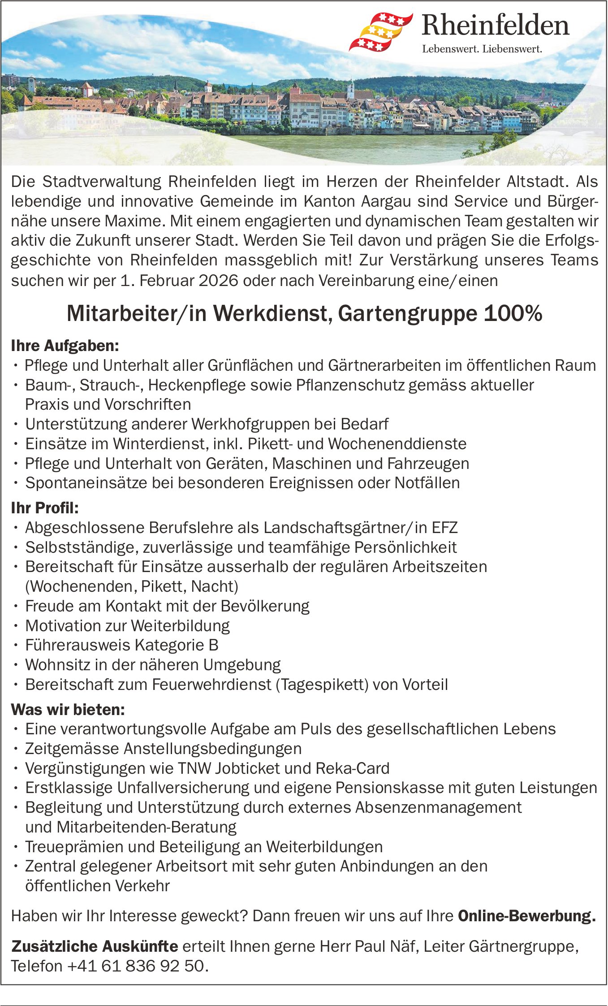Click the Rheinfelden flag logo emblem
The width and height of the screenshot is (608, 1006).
point(380,32)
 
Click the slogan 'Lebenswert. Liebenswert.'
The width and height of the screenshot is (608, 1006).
point(482,49)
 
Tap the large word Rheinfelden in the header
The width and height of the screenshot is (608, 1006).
point(495,26)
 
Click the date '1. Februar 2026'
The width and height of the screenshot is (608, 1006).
point(179,281)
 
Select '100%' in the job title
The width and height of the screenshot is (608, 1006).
point(513,314)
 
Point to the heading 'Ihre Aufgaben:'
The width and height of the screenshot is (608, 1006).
point(65,346)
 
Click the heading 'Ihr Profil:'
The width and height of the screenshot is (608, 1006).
point(45,508)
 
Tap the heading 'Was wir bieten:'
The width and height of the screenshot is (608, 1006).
point(68,710)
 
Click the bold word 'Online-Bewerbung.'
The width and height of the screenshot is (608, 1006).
point(527,916)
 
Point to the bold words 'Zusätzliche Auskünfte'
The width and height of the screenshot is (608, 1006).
point(95,946)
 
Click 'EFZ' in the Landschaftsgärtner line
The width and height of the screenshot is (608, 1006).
point(444,528)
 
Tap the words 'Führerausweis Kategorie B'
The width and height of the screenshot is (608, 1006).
point(122,645)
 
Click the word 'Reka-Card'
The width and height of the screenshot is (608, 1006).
point(352,768)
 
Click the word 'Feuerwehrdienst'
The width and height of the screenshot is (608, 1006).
point(211,685)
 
